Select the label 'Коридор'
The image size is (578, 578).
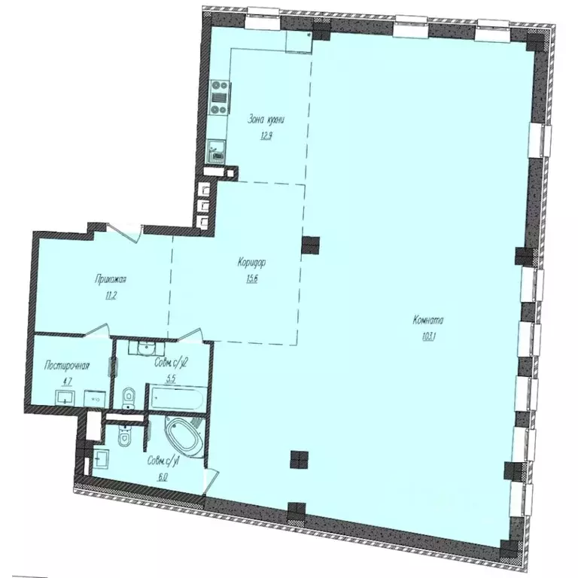(x=254, y=263)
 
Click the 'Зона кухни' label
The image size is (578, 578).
(x=266, y=120)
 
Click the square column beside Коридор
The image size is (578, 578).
(x=309, y=245)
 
